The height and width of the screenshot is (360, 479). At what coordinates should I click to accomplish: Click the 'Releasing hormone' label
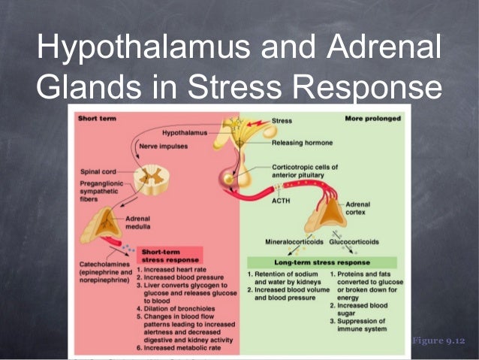[x=302, y=142]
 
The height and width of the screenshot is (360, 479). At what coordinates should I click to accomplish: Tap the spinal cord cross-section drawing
[x=143, y=178]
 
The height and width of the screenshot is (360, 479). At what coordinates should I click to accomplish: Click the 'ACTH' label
[x=281, y=201]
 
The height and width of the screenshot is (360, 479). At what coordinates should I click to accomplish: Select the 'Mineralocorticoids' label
[x=292, y=243]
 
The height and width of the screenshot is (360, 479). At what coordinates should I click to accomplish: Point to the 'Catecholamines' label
[x=104, y=265]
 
